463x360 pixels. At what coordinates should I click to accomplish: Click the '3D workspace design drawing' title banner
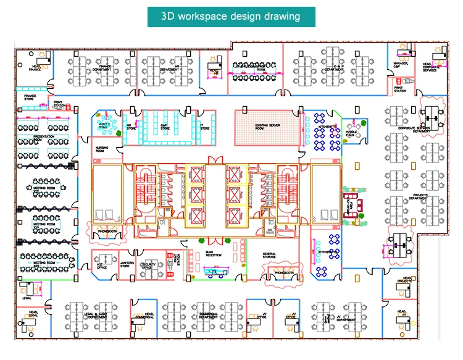(231, 17)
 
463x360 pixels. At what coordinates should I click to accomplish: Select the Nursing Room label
(101, 149)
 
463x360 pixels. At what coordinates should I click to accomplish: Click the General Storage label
(269, 255)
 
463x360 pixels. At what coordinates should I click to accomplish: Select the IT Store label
(205, 127)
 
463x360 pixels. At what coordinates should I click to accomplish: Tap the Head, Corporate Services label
(430, 66)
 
